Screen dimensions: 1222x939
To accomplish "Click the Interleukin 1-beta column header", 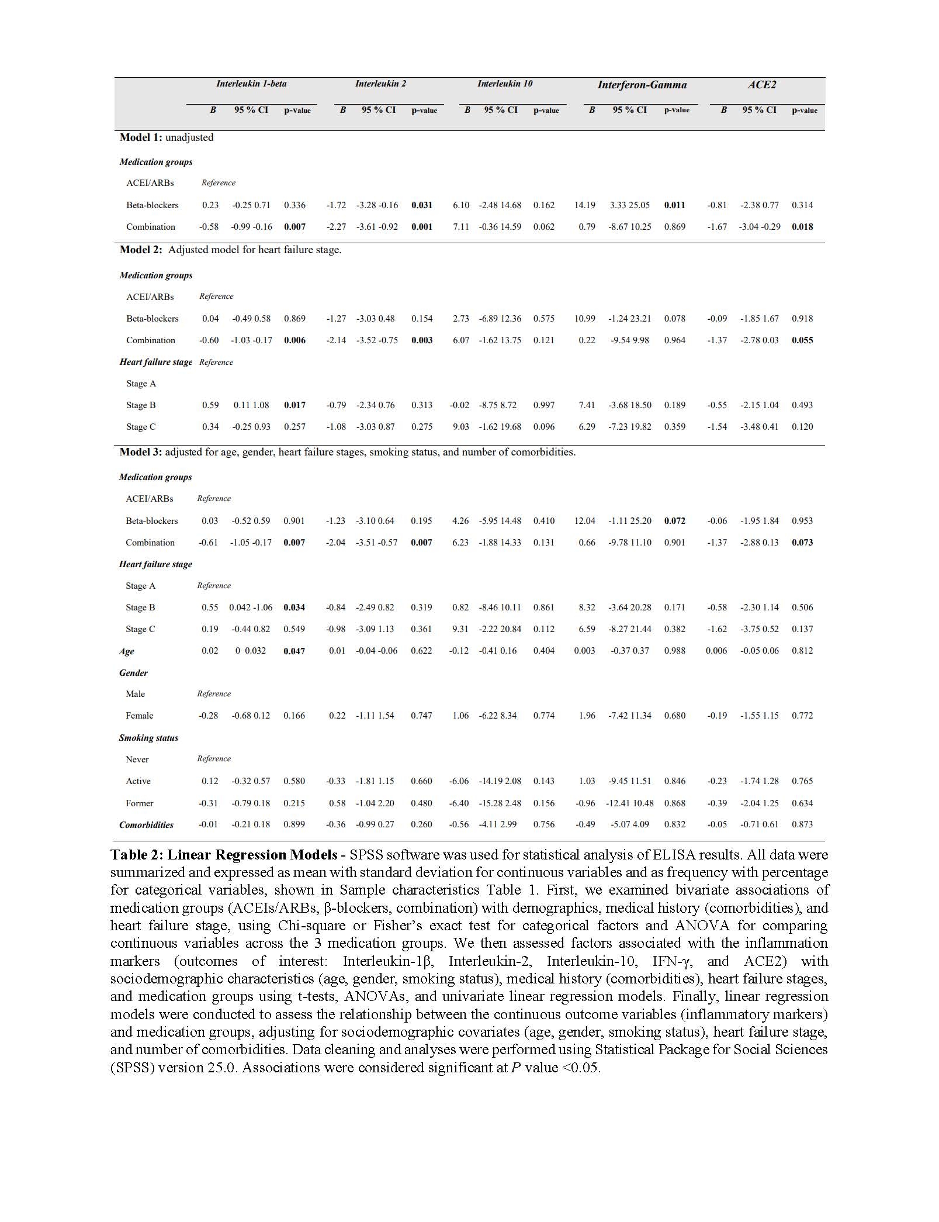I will (x=251, y=84).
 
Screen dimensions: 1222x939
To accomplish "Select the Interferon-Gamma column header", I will (x=642, y=85).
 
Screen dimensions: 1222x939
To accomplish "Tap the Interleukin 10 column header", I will (x=505, y=84).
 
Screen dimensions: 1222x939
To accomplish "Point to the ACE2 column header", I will (x=761, y=85).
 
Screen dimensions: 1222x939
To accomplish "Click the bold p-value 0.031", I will (x=422, y=205).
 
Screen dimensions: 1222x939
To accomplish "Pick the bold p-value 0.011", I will (x=675, y=205).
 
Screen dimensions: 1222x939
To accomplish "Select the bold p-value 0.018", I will (x=802, y=227).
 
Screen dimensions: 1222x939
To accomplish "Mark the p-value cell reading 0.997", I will (x=544, y=405).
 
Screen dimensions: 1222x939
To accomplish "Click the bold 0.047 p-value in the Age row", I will (x=294, y=651).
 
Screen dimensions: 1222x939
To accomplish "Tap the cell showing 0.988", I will (x=675, y=651).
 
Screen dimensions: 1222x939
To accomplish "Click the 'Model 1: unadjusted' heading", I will (x=167, y=137).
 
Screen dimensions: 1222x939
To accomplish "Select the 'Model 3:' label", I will (x=141, y=452).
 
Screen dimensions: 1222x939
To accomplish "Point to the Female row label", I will (x=139, y=716).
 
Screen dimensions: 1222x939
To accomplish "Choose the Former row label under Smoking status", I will (x=139, y=803).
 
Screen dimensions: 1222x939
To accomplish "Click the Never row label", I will (x=137, y=760).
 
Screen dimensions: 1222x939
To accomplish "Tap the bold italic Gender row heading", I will (x=133, y=673).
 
